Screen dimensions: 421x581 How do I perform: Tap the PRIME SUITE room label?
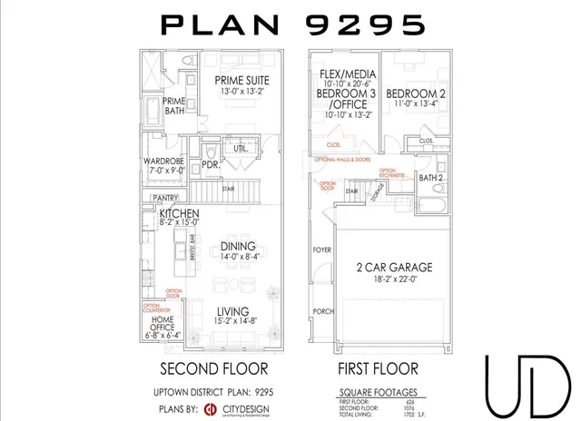pos(241,80)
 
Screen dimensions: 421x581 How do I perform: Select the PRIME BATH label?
pos(174,106)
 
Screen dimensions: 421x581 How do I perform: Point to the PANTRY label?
pos(164,197)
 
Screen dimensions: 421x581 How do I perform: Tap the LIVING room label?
pos(233,312)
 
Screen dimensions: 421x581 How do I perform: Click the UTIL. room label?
pos(241,147)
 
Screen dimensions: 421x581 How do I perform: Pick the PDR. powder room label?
pos(210,166)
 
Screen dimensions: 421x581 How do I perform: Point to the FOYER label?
pos(322,248)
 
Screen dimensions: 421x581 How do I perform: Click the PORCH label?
pos(322,311)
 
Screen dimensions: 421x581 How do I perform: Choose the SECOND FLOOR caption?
pos(213,369)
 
